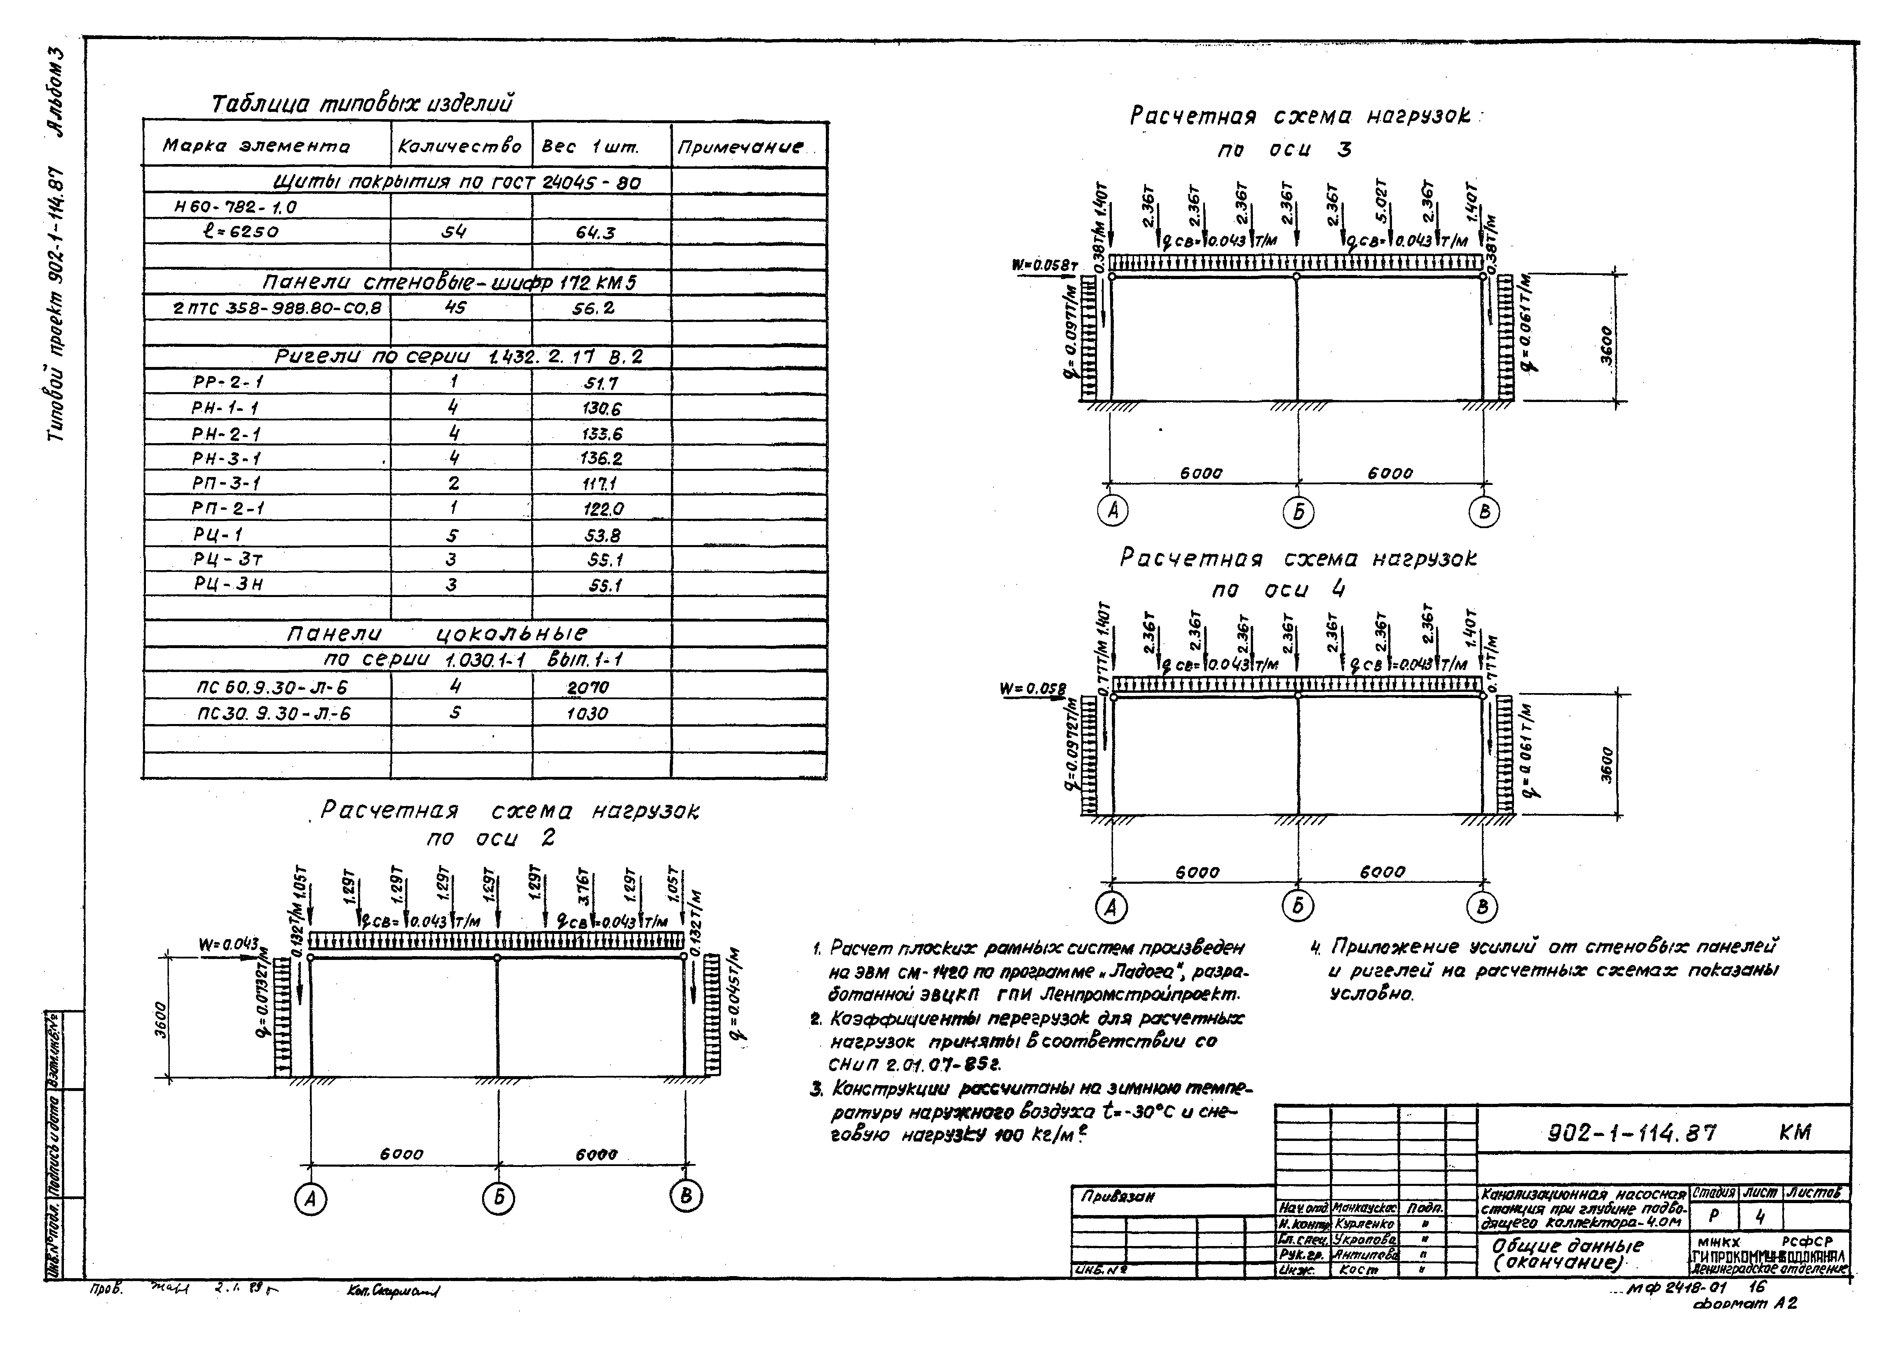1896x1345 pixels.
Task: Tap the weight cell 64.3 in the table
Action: click(x=595, y=233)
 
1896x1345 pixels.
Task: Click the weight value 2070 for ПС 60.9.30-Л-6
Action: click(x=588, y=688)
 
